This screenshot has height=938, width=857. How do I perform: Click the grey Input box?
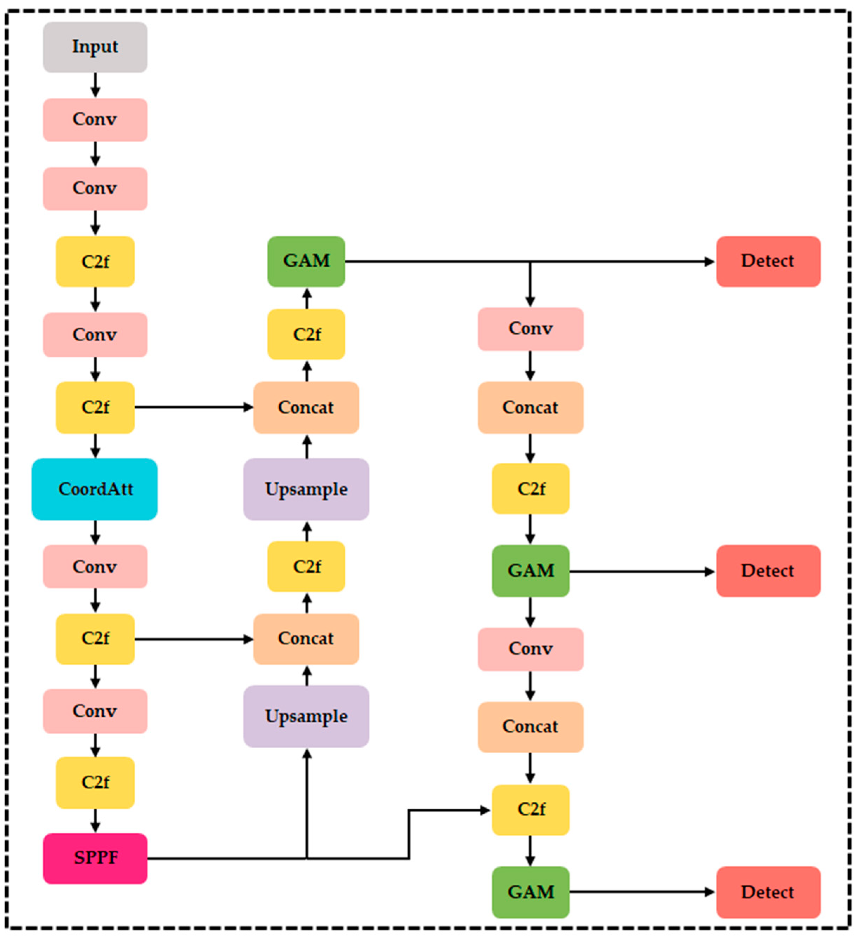[x=95, y=47]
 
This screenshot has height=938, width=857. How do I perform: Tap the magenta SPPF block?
[x=95, y=858]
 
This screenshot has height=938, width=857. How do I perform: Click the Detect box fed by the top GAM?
[x=768, y=261]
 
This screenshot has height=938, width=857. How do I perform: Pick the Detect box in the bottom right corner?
[x=768, y=892]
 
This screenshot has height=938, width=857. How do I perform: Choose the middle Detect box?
[x=768, y=571]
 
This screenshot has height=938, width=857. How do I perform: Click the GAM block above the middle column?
[x=306, y=261]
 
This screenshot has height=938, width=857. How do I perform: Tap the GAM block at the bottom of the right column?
[x=530, y=892]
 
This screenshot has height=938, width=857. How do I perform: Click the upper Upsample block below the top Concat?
[x=306, y=489]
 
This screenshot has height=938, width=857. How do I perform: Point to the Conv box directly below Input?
[x=95, y=119]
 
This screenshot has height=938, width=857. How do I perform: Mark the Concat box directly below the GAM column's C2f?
[x=306, y=408]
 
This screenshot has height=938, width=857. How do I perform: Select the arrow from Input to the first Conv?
[x=95, y=85]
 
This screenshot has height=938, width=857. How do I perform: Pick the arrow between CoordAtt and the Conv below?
[x=95, y=532]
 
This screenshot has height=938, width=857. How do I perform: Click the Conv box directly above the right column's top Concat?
[x=530, y=329]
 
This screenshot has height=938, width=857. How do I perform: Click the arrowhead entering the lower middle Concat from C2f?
[x=248, y=639]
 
